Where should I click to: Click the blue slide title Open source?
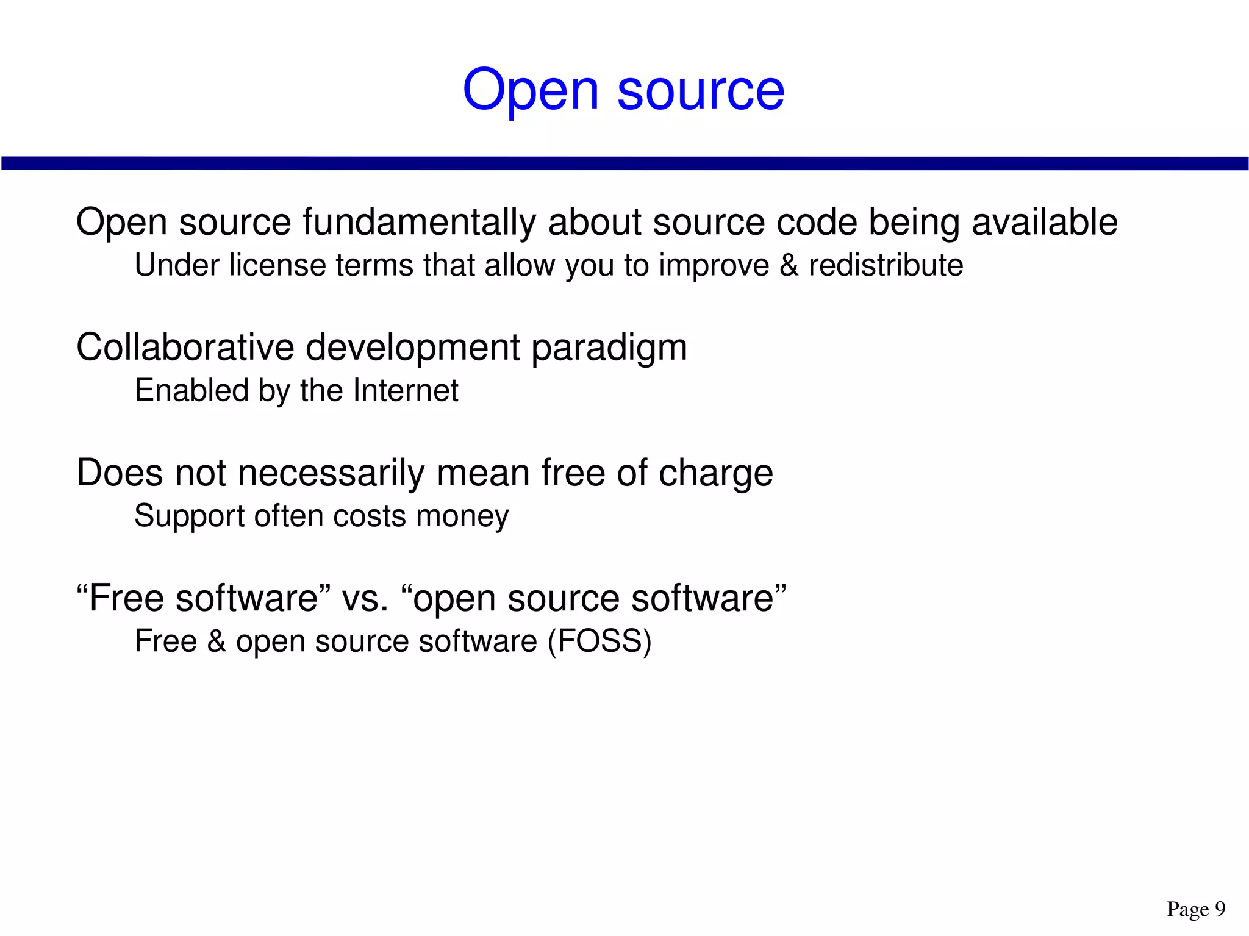(623, 90)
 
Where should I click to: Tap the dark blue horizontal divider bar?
(624, 163)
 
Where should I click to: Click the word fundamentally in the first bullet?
(419, 221)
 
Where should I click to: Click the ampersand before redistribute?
(789, 265)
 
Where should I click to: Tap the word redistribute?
(886, 265)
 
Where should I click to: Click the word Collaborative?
(185, 348)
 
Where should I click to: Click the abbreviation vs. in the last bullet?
(365, 598)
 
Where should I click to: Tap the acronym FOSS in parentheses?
(599, 641)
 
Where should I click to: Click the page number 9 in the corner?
(1220, 909)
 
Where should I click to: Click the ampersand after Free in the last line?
(217, 641)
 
